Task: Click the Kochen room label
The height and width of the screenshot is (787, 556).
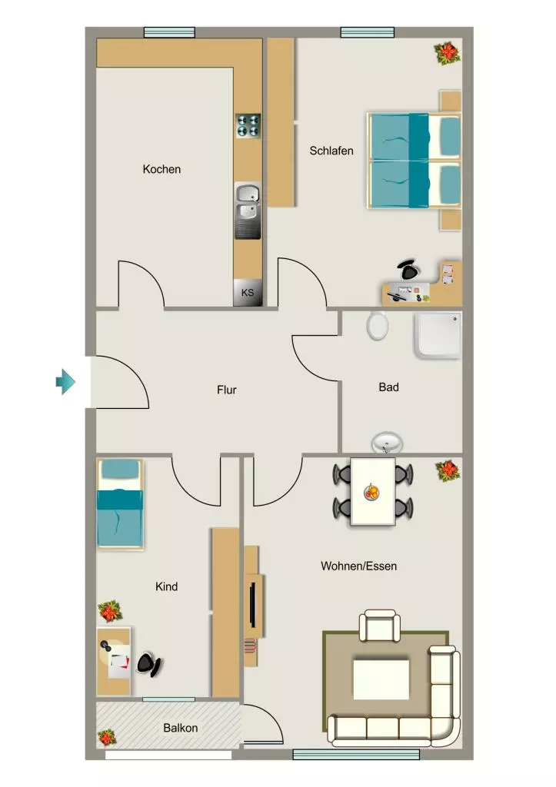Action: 161,169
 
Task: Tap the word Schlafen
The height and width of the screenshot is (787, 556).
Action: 331,151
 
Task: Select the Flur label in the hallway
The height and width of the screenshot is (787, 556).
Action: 227,390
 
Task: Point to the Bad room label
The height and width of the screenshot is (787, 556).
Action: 389,387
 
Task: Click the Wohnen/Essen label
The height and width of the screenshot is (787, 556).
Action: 358,566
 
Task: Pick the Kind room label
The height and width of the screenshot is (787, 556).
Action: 166,586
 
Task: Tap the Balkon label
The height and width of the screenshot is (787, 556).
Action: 180,728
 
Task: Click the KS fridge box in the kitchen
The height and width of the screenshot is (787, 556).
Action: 248,293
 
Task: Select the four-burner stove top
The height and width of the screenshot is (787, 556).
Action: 248,125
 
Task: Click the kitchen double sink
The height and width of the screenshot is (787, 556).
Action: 248,211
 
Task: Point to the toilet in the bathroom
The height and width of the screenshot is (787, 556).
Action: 377,325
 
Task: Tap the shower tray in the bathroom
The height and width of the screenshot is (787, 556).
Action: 438,336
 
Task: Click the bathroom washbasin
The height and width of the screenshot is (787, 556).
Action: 387,444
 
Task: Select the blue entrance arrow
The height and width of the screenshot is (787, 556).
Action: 65,382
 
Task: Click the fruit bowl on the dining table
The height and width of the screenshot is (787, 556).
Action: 372,491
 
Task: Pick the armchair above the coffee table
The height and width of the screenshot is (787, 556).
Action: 380,626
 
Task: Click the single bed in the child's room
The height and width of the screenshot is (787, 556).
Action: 119,504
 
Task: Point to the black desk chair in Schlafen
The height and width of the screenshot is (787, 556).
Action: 408,270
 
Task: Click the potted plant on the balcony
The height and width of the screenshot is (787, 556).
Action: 107,737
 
